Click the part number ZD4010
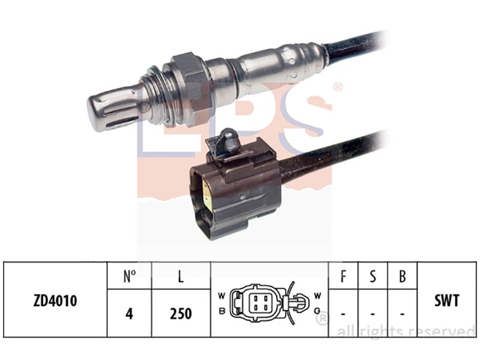coord(55,301)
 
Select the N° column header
coord(130,276)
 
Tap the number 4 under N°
coord(129,314)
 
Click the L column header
coord(181,276)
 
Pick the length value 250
coord(181,314)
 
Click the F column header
coord(343,277)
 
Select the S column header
coord(373,277)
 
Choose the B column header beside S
coord(402,277)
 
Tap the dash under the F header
coord(343,314)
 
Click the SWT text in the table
coord(446,301)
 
